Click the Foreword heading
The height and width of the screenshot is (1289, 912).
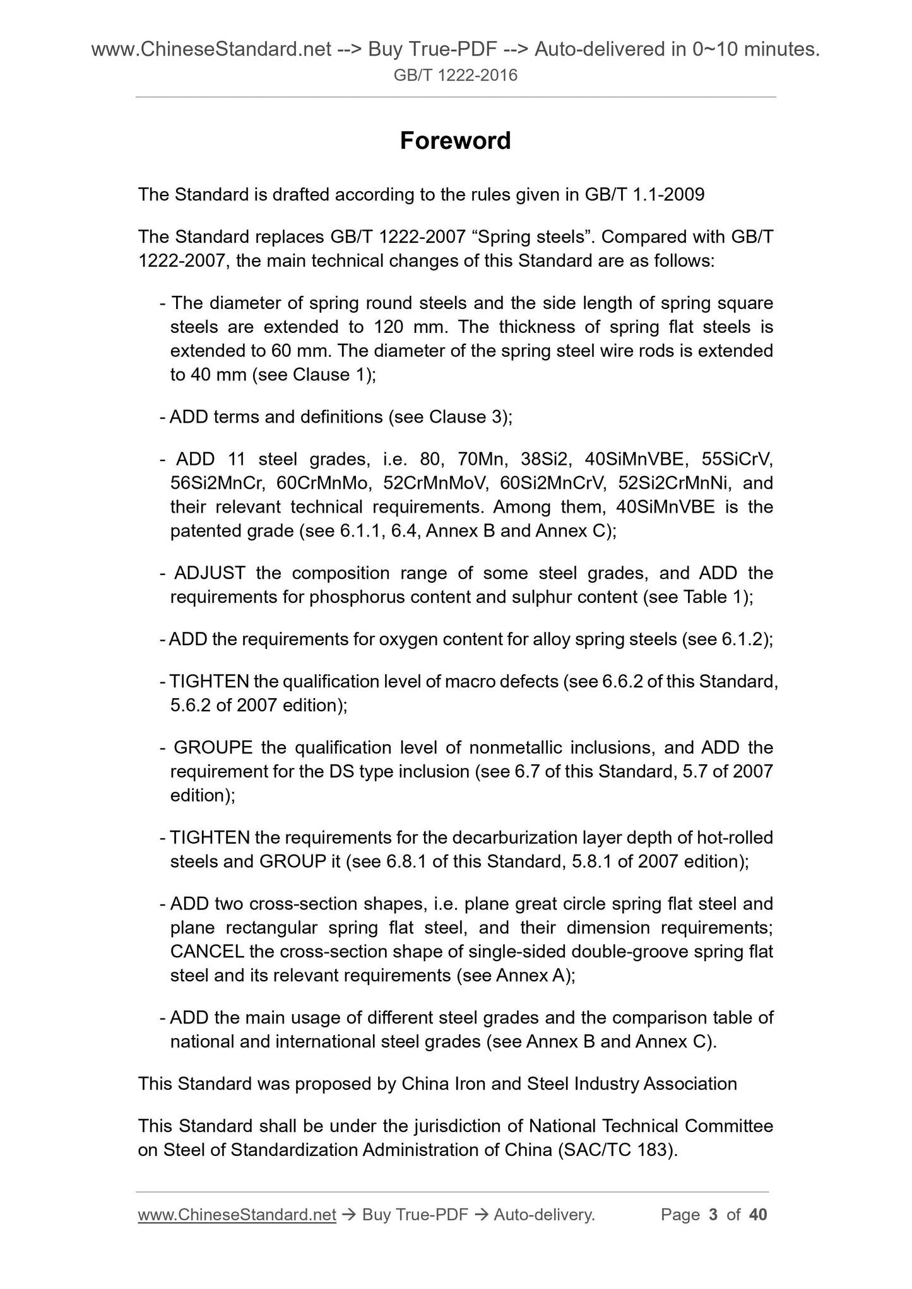tap(455, 141)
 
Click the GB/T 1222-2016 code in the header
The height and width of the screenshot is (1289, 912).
tap(455, 76)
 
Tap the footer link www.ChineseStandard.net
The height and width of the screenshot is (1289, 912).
tap(237, 1215)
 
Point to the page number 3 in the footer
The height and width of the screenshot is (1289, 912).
tap(714, 1215)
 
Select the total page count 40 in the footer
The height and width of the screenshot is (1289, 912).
tap(757, 1215)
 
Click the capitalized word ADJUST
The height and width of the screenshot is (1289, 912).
tap(210, 573)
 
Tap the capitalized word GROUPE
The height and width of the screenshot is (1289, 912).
tap(213, 748)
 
